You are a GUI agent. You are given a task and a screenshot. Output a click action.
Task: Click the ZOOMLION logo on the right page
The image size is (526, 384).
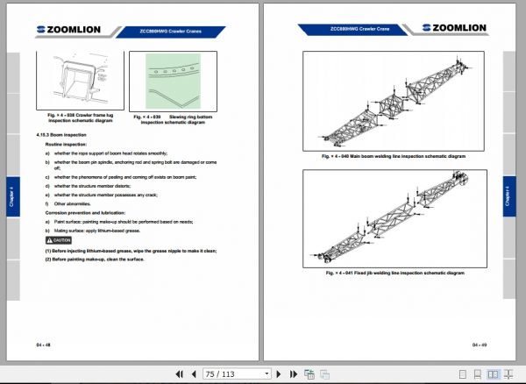456,29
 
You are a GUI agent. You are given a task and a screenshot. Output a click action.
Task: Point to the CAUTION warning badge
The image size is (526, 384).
59,239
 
